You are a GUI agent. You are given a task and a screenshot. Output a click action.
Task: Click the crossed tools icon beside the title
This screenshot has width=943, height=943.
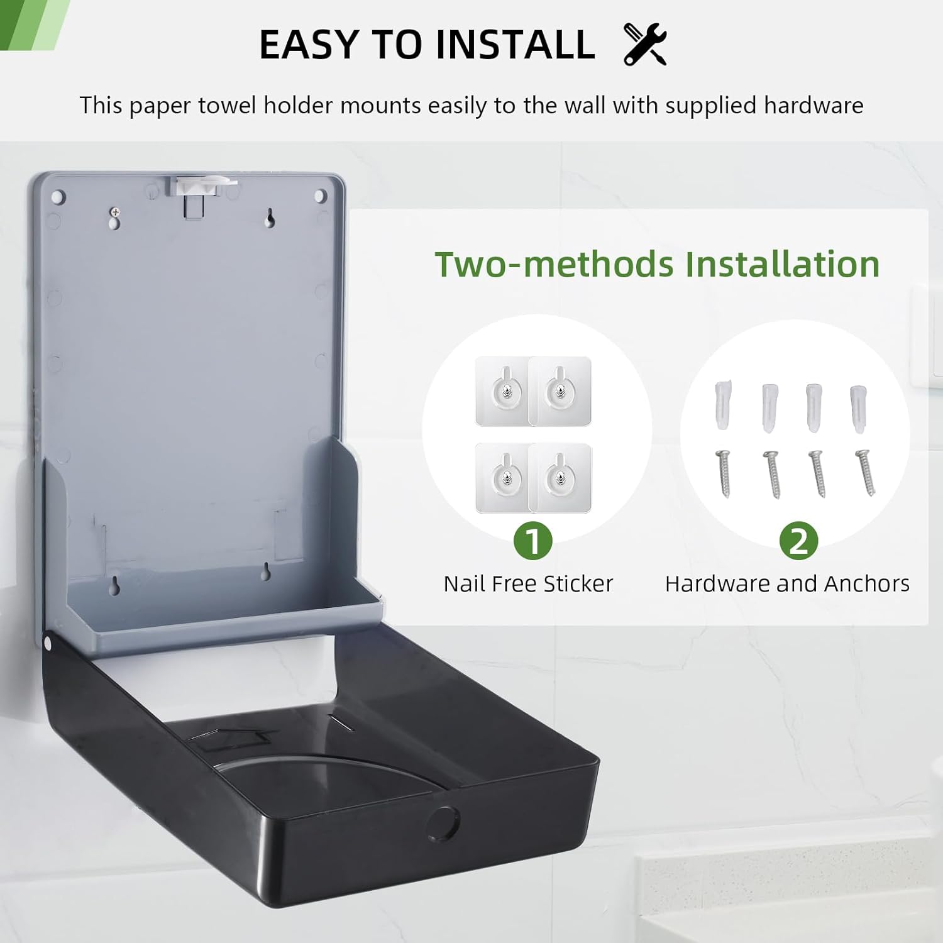coord(645,44)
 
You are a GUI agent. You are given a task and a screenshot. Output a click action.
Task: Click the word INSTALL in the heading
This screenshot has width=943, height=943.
coord(515,45)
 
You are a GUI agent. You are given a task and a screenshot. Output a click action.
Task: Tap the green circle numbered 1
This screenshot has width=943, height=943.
coord(532,541)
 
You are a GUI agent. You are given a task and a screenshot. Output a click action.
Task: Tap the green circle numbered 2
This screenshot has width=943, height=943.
coord(798,541)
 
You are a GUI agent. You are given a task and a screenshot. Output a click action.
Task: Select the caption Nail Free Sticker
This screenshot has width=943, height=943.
coord(528,584)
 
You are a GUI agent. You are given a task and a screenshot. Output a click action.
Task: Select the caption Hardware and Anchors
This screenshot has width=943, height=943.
coord(787,584)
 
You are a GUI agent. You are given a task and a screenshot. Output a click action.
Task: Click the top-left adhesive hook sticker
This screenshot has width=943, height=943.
coord(503,391)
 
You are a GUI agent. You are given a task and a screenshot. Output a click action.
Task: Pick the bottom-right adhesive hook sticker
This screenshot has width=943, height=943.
coord(560,478)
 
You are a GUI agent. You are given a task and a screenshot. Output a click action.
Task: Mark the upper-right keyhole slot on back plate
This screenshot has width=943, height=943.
coord(270,218)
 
